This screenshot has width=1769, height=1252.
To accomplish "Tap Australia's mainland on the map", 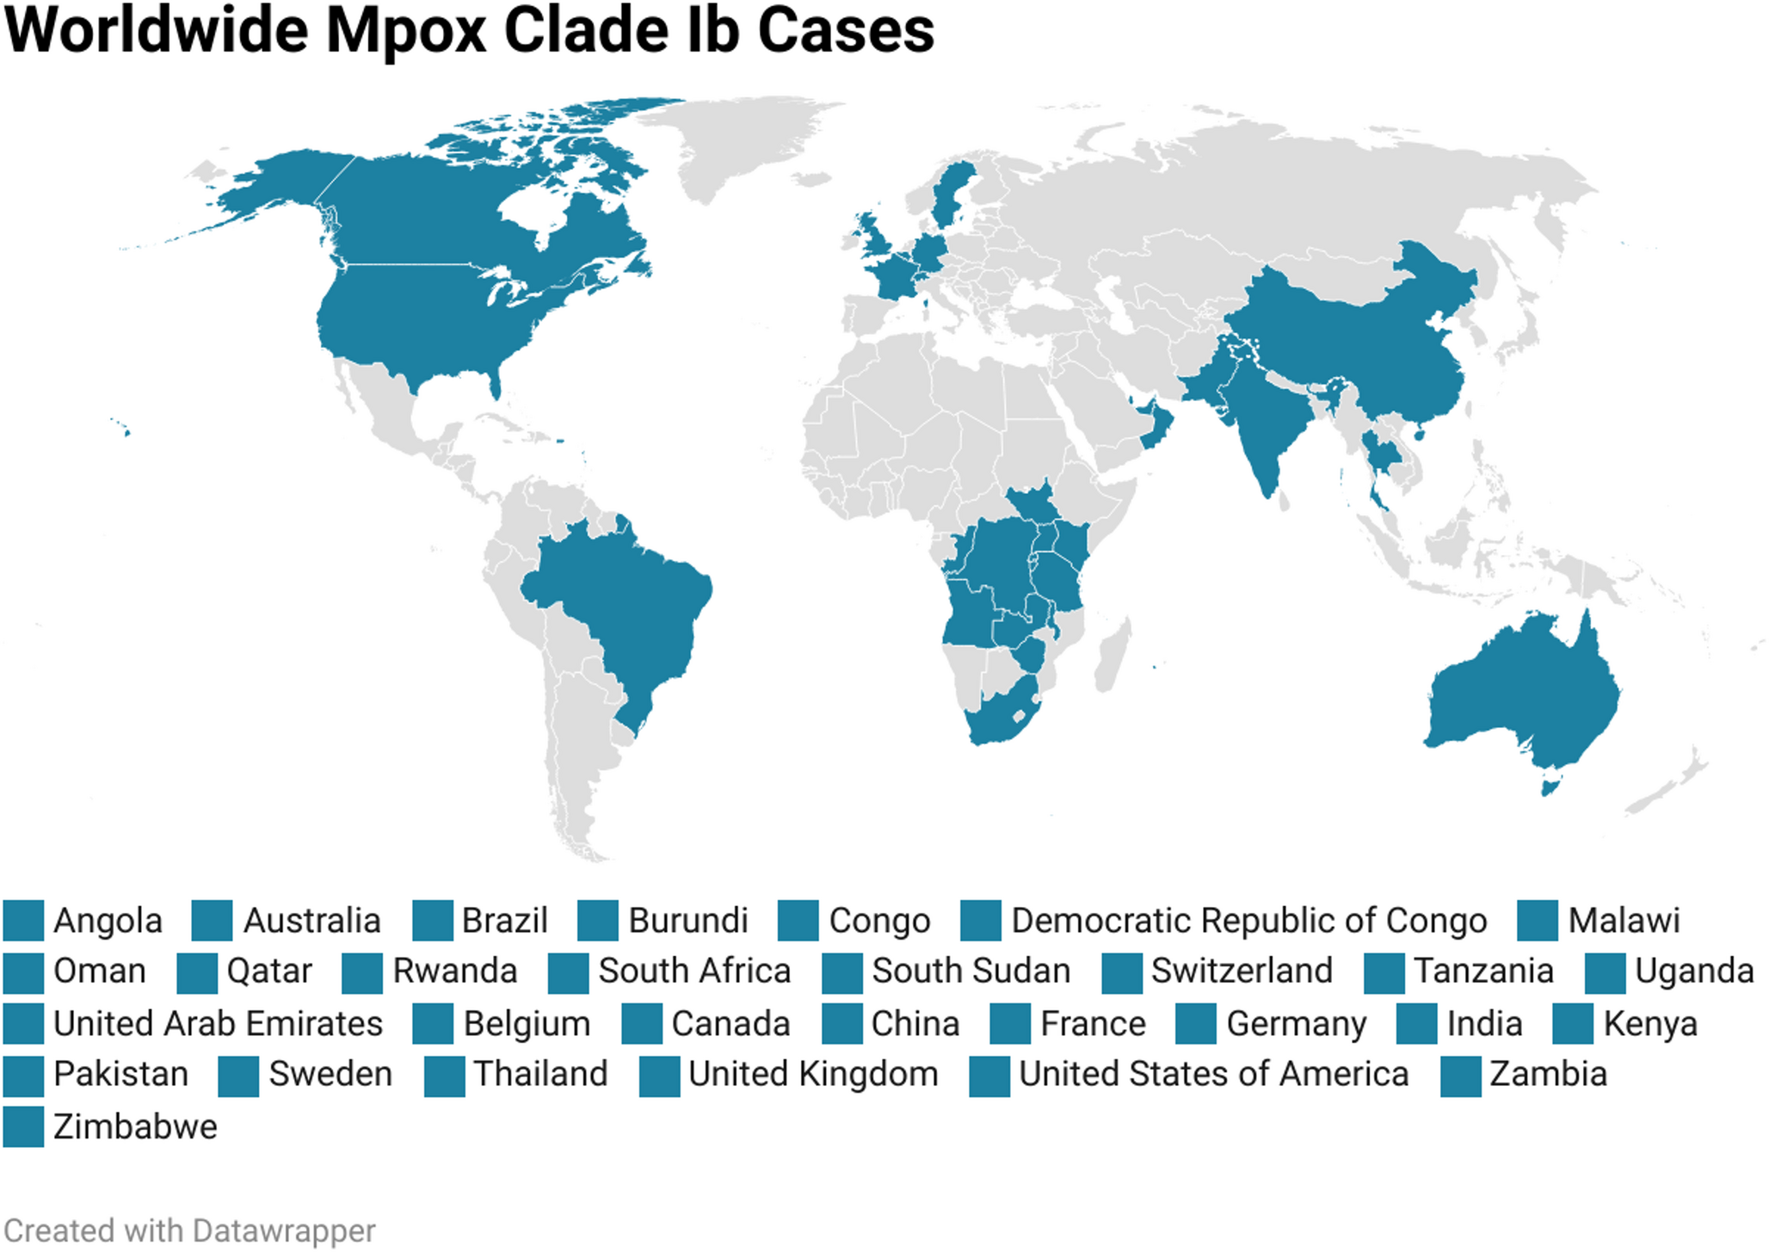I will click(1523, 688).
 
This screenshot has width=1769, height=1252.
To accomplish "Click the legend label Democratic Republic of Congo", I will click(1248, 921).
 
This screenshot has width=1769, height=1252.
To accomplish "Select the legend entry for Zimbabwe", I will click(135, 1127).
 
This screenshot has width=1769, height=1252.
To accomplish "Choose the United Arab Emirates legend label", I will click(218, 1024).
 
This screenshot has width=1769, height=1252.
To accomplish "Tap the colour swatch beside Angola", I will click(23, 921).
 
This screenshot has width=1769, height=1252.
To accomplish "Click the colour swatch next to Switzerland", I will click(1122, 972).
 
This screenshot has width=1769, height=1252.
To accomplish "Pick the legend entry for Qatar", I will click(268, 971).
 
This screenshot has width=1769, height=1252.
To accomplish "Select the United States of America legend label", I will click(1213, 1075).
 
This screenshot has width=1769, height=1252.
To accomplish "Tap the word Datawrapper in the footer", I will click(283, 1231).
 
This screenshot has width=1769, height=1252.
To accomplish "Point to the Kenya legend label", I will click(1650, 1024).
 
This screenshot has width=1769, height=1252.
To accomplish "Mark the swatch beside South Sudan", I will click(841, 972).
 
